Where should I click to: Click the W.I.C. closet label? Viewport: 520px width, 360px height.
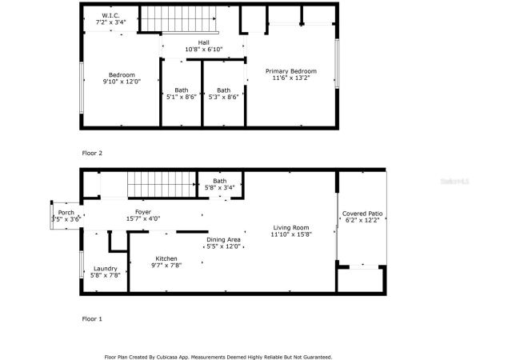coord(110,15)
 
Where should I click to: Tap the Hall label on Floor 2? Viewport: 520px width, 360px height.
coord(204,42)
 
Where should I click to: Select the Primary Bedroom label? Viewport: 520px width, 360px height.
coord(291,71)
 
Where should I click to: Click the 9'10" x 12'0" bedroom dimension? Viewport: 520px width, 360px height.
coord(122,82)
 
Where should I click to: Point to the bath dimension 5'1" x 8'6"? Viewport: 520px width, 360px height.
coord(182,97)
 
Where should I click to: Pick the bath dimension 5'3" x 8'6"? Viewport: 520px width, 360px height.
coord(223,97)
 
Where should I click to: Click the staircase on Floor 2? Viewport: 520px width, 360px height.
coord(179,19)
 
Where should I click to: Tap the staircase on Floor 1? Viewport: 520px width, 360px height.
coord(162,184)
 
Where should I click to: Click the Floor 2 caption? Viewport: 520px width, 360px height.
coord(92,153)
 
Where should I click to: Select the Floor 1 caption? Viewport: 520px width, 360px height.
coord(92,319)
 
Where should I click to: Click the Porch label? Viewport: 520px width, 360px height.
coord(66,213)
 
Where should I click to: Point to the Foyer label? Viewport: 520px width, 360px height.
coord(143,212)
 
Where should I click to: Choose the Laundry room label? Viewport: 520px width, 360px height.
coord(106,269)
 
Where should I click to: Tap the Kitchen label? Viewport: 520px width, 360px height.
coord(166,258)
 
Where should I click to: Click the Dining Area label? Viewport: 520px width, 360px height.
coord(223,240)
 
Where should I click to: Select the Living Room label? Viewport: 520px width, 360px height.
coord(291,228)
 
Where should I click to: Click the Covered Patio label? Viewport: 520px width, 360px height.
coord(362,214)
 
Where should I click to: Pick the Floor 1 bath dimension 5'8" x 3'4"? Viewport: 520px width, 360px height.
coord(220,188)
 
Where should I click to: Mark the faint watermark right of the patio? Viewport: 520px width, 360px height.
coord(454,182)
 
